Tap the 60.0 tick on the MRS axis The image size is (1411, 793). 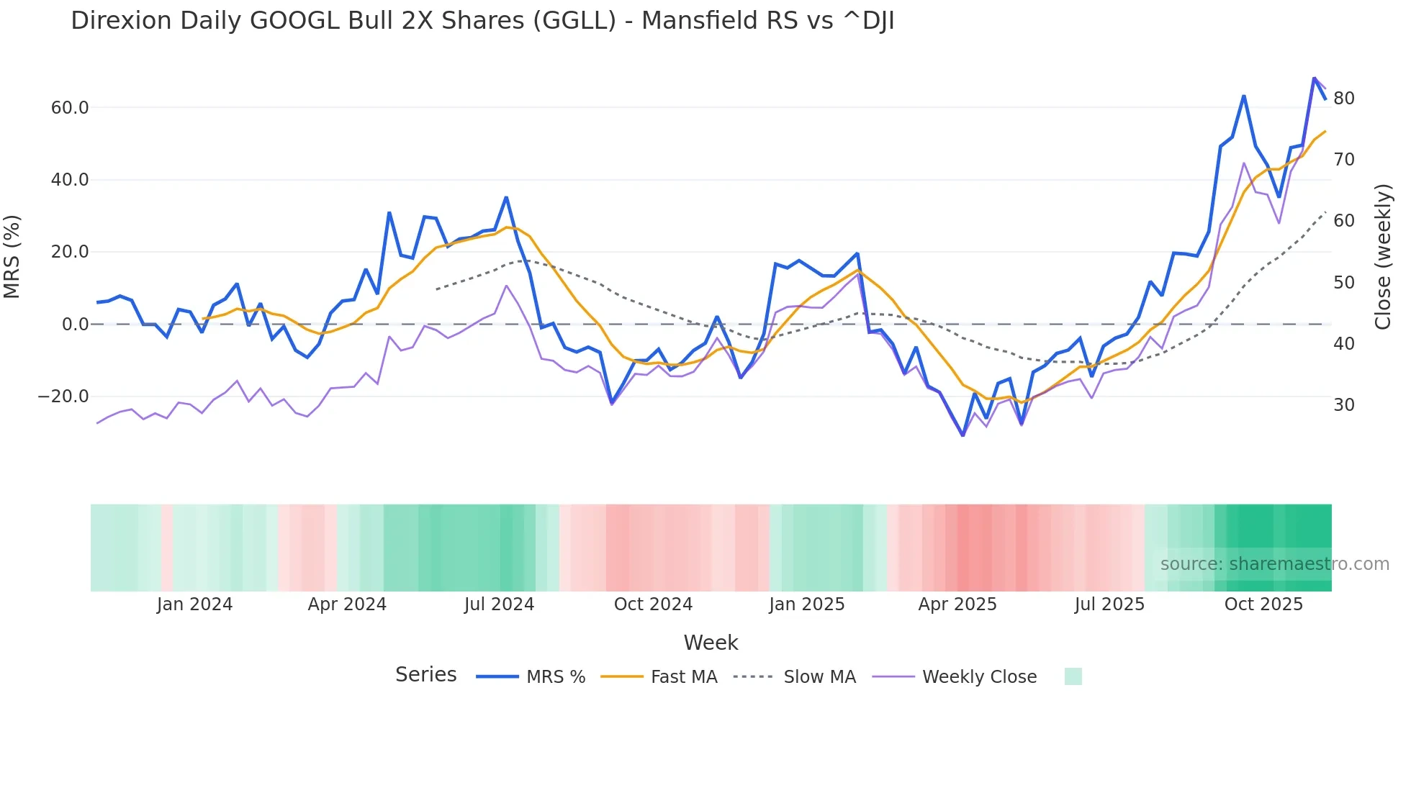pyautogui.click(x=69, y=108)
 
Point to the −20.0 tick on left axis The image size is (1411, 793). pyautogui.click(x=63, y=396)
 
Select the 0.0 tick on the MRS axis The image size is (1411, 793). pyautogui.click(x=75, y=325)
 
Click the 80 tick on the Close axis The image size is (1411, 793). pyautogui.click(x=1344, y=99)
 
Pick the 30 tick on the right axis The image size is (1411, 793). pyautogui.click(x=1344, y=405)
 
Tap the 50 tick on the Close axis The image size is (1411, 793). pyautogui.click(x=1344, y=283)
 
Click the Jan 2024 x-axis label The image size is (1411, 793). pyautogui.click(x=194, y=604)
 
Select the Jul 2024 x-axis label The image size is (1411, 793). pyautogui.click(x=499, y=604)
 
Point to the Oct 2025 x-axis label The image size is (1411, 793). pyautogui.click(x=1263, y=604)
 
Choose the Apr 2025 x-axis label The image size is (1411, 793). pyautogui.click(x=957, y=604)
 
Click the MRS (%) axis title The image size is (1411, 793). pyautogui.click(x=12, y=256)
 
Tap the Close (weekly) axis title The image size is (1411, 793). pyautogui.click(x=1383, y=257)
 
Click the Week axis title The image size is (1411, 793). pyautogui.click(x=711, y=643)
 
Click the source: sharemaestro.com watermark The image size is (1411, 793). pyautogui.click(x=1274, y=564)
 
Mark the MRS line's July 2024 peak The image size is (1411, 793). pyautogui.click(x=506, y=197)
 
